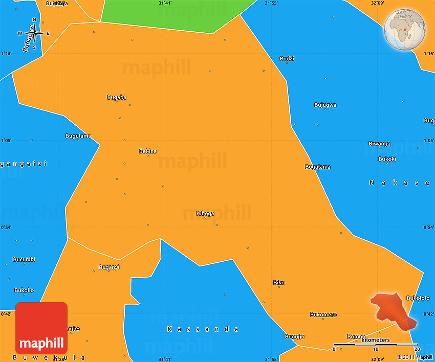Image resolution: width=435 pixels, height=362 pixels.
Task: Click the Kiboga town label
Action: [205, 213]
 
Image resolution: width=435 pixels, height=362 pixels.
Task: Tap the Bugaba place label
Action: [117, 97]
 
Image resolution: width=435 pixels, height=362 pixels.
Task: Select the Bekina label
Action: [148, 151]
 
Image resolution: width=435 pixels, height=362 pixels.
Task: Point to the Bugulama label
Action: [78, 135]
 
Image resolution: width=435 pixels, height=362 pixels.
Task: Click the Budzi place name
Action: [287, 59]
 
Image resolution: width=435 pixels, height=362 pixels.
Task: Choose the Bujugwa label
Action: [325, 105]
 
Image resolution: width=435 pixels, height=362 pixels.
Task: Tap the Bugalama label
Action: [318, 167]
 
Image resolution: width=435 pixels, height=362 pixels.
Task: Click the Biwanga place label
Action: [379, 144]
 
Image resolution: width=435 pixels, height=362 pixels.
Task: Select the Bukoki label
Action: [387, 159]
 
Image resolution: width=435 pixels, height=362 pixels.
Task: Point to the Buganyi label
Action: [109, 267]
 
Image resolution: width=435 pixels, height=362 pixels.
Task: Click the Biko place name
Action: [279, 283]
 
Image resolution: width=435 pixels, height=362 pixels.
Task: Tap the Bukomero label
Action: [323, 314]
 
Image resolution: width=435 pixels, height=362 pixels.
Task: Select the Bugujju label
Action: [295, 336]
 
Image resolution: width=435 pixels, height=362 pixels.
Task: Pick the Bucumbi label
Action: [24, 259]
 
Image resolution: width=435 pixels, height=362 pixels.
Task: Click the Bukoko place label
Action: [24, 290]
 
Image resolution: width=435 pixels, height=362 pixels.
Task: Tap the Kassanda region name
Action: [203, 329]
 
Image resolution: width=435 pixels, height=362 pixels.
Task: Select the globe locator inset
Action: [404, 30]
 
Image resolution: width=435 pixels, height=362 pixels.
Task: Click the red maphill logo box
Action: [41, 328]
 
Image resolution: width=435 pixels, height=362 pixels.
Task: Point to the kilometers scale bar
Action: [376, 345]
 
